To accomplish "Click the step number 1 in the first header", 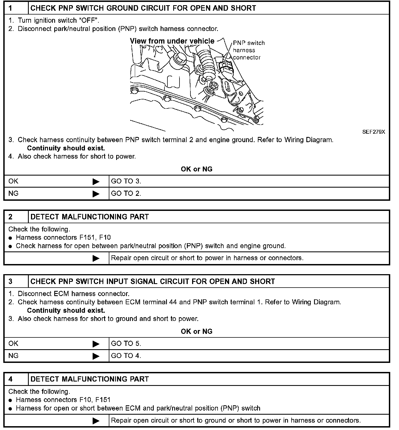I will (x=10, y=8).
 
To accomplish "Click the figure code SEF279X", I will (x=374, y=132).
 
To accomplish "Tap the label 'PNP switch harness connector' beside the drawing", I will (x=249, y=50).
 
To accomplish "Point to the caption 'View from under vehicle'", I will (x=172, y=41).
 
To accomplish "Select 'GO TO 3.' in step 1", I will (x=126, y=181).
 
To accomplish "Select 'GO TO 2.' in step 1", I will (x=126, y=194).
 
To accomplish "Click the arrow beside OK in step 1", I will (x=96, y=182).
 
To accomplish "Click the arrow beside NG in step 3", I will (x=96, y=356).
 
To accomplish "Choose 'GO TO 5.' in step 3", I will (x=126, y=344).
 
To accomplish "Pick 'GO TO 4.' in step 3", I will (x=126, y=356).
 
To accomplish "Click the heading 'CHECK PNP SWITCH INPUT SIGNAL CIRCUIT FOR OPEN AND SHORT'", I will (x=153, y=282).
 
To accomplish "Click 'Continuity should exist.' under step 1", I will (x=66, y=148).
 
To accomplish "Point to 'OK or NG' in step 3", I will (x=196, y=331).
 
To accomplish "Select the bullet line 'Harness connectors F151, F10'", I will (x=63, y=237).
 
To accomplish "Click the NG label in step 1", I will (x=13, y=194).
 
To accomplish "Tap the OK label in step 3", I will (x=13, y=344).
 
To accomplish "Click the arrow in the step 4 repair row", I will (x=96, y=421).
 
